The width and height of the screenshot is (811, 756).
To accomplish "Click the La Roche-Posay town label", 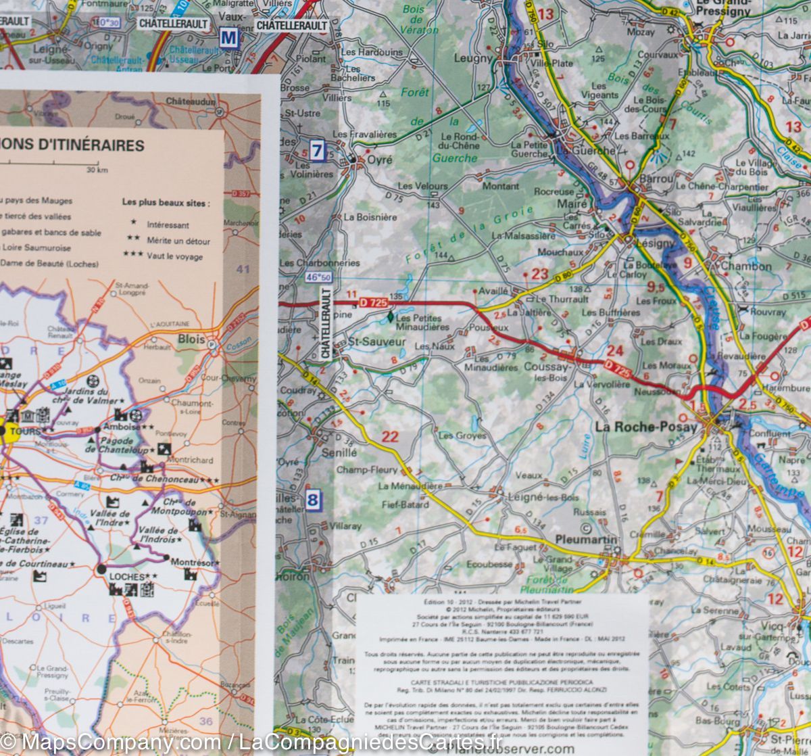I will coord(645,427).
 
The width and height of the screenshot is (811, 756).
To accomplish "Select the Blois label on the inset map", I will coord(191,339).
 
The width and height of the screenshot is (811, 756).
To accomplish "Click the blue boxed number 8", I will coord(312,501).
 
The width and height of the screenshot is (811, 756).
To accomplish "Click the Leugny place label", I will coord(473,59).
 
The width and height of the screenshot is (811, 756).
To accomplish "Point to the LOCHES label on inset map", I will coord(126,576).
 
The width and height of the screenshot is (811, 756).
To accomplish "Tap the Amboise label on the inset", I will coord(122,427).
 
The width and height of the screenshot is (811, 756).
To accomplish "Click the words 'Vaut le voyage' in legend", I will coord(174,256).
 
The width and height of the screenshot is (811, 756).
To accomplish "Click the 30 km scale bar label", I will coord(99,170).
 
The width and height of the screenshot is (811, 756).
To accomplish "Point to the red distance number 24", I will coord(614,351).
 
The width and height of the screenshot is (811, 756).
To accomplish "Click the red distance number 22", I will coord(390,436).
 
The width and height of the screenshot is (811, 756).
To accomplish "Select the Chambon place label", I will coord(745,266).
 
